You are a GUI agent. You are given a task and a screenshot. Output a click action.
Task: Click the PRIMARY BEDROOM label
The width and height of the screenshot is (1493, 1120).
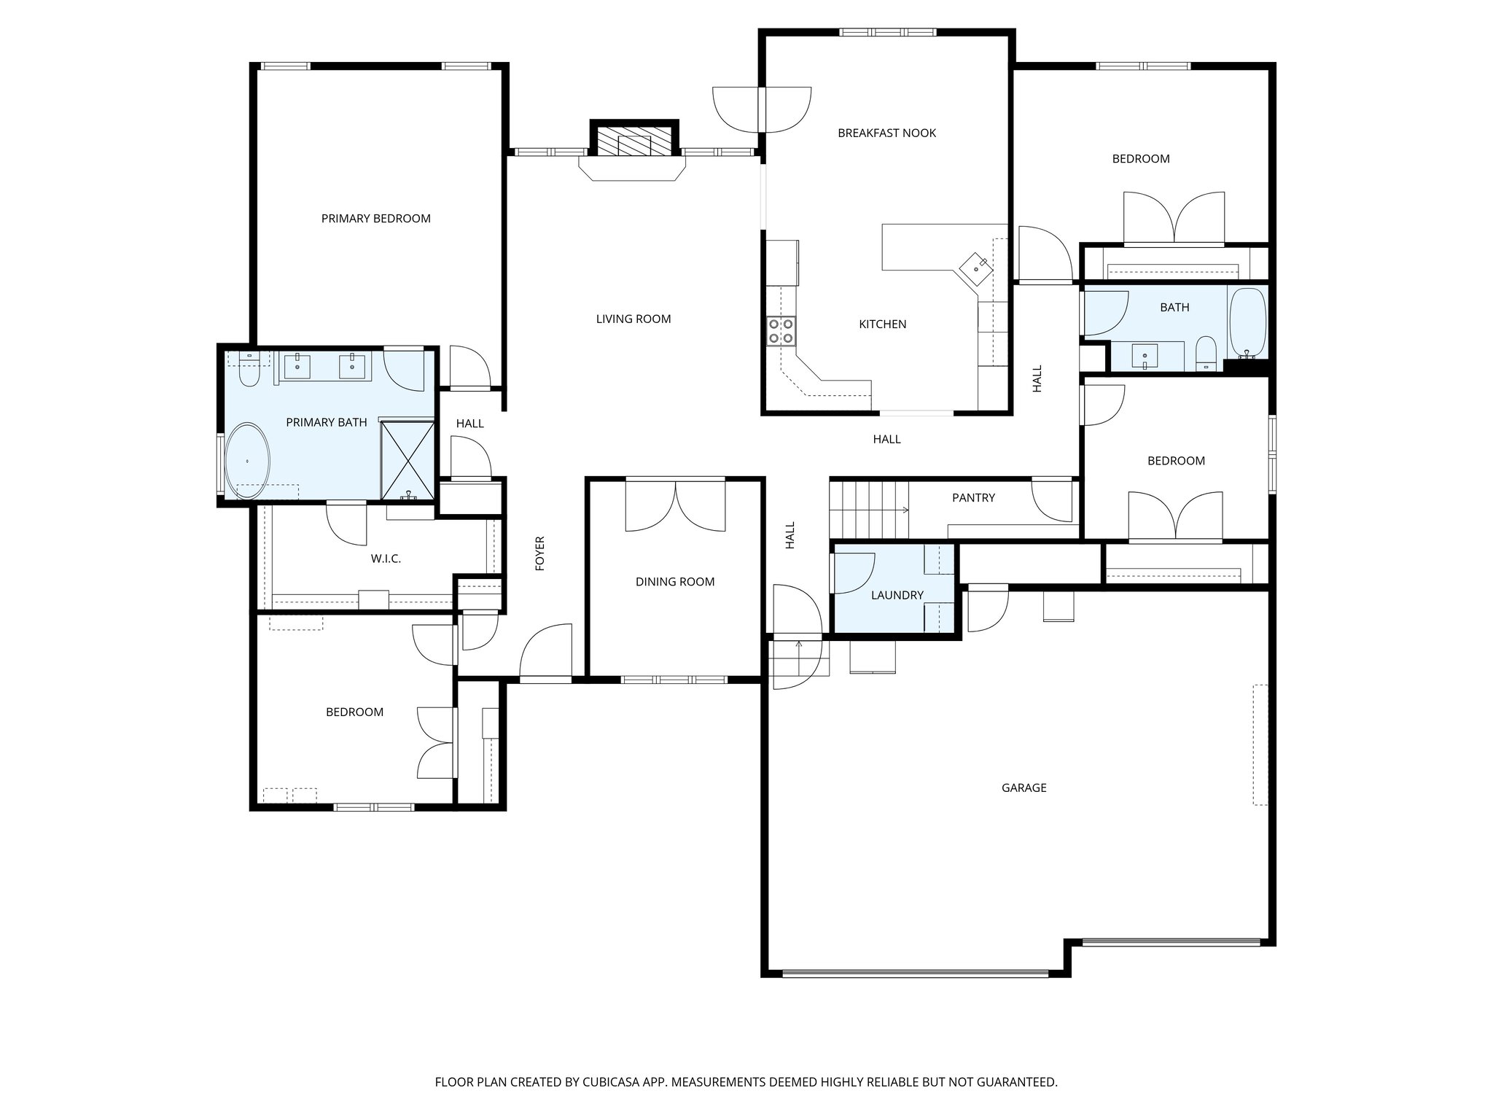375,219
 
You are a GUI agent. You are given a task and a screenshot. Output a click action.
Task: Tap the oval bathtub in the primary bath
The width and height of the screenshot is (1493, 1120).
247,461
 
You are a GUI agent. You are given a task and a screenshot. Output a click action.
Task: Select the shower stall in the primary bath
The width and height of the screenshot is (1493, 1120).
408,459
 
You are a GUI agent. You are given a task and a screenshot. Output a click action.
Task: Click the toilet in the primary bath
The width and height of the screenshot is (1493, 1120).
249,371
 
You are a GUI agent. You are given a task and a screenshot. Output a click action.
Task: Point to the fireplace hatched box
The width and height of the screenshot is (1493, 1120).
634,140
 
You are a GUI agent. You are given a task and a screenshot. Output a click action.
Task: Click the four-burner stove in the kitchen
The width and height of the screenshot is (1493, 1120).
780,330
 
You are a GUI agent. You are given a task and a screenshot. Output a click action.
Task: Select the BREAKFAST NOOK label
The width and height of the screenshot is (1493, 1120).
886,133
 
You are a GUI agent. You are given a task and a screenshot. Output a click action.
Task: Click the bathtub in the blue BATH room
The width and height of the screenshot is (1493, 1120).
1248,322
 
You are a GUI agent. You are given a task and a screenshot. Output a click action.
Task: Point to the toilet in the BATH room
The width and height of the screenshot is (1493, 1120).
1207,354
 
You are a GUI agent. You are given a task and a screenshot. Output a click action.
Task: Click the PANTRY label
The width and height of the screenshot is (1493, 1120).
973,498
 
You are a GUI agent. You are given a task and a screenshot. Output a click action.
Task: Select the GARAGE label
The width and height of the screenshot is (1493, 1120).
1024,788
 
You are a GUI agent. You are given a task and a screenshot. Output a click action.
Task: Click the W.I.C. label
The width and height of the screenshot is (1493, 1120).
386,559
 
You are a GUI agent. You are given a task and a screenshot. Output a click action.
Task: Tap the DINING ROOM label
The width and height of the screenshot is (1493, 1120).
674,582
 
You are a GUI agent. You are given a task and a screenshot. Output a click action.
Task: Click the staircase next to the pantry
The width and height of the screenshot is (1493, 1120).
869,508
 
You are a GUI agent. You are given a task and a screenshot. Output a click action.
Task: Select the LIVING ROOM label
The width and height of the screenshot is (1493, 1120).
633,319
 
